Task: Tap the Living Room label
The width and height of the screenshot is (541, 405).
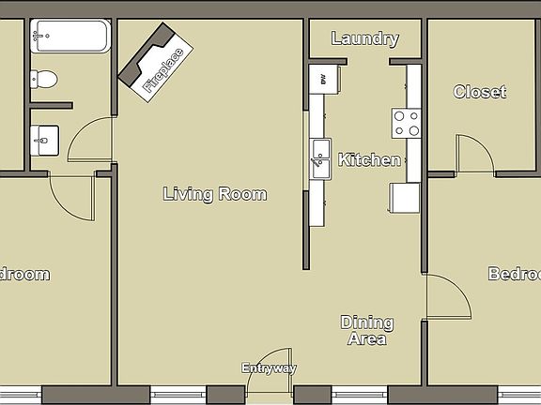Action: (x=215, y=195)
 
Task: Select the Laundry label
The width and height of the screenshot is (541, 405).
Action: (x=365, y=39)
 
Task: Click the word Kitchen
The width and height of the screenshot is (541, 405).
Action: (x=369, y=160)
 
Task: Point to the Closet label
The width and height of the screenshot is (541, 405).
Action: (x=480, y=92)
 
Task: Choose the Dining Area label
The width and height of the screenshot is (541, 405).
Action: (x=366, y=331)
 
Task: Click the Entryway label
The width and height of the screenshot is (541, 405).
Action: (x=270, y=368)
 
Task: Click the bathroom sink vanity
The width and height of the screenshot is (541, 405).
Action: (x=44, y=141)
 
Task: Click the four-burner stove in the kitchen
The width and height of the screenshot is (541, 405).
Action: (x=406, y=123)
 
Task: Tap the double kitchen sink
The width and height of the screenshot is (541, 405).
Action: (x=321, y=157)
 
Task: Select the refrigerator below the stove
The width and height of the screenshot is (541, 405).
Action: (x=405, y=197)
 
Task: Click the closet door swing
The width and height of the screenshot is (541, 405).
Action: (x=474, y=155)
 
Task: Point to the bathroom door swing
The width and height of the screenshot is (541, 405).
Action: (x=90, y=141)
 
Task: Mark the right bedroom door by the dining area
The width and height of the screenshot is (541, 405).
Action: (x=447, y=298)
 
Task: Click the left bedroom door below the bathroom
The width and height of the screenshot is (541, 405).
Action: (x=72, y=197)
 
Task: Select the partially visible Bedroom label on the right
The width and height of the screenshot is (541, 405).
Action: (x=514, y=275)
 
